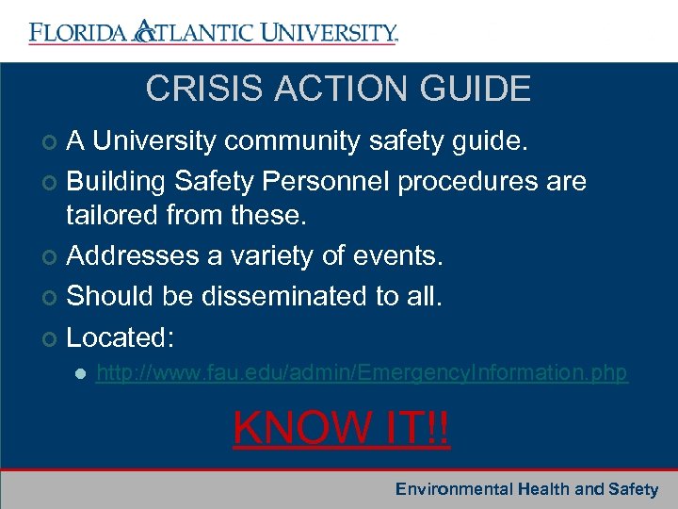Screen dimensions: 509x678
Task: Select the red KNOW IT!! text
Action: (342, 428)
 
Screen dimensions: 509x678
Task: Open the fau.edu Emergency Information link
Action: (362, 373)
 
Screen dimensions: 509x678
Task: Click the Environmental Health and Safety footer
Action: (526, 488)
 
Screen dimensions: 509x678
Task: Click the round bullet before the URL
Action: (80, 374)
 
